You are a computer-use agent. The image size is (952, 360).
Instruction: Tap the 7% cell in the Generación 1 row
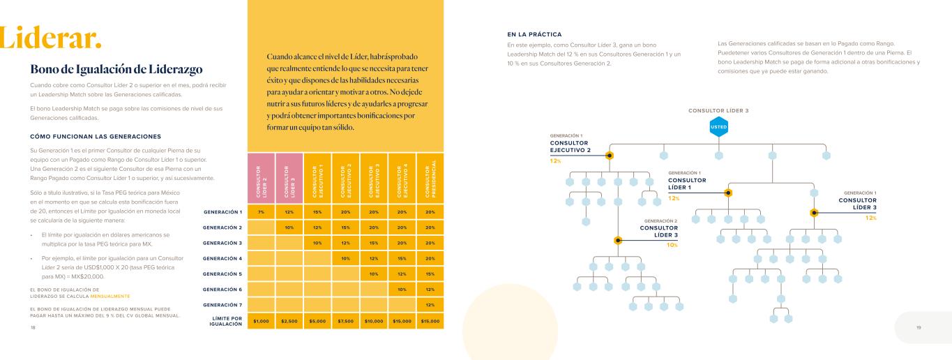[x=260, y=212]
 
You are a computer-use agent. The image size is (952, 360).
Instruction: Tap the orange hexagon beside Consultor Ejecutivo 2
[x=610, y=155]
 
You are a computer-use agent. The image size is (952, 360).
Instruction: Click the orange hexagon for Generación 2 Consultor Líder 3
[x=617, y=240]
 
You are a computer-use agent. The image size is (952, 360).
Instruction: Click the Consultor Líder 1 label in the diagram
[x=686, y=184]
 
